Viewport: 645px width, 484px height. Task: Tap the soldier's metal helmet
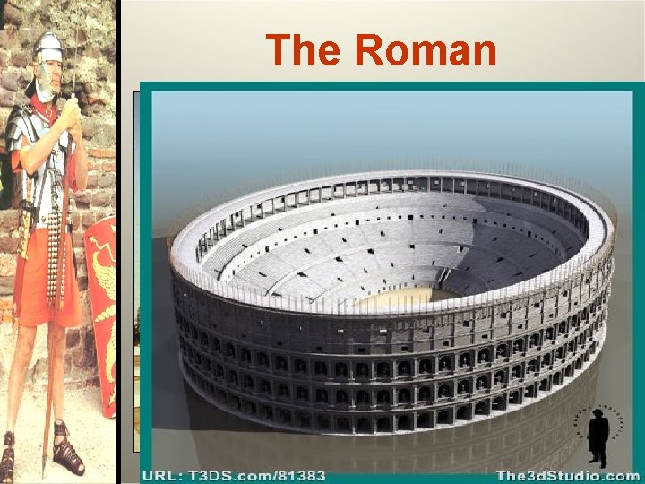(x=47, y=47)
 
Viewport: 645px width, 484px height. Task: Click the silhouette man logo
(x=598, y=435)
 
